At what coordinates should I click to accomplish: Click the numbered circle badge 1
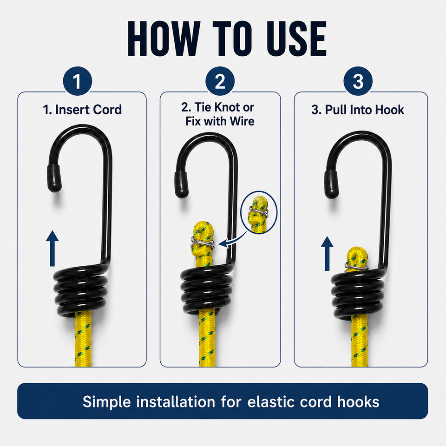click(x=78, y=81)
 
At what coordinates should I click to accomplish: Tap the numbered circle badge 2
click(x=220, y=81)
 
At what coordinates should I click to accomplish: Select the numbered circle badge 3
click(x=358, y=81)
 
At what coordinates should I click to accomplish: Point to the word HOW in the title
click(x=163, y=39)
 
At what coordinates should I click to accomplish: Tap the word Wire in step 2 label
click(x=242, y=121)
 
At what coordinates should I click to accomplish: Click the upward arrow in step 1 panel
click(x=52, y=248)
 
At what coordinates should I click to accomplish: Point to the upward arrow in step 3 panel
click(x=327, y=254)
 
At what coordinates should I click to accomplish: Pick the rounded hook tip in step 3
click(x=331, y=184)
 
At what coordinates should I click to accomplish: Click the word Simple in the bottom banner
click(x=107, y=402)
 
